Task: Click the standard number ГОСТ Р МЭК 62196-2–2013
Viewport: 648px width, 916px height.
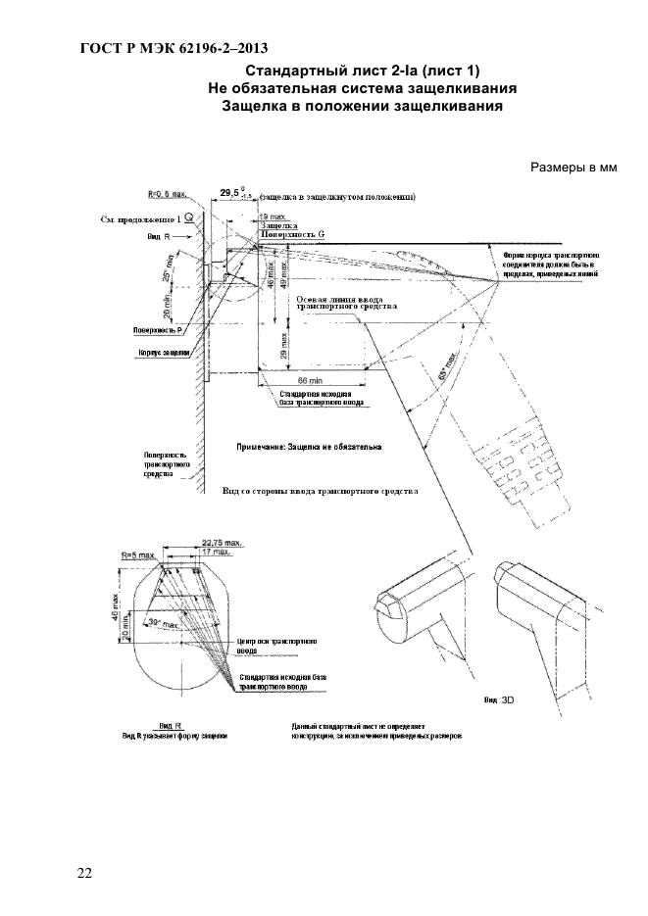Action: click(172, 48)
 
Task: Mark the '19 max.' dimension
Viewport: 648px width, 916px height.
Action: click(274, 215)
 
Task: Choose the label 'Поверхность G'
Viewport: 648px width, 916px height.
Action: click(292, 235)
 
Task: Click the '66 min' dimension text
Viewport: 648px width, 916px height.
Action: click(310, 378)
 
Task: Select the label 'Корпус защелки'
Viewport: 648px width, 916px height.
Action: click(164, 353)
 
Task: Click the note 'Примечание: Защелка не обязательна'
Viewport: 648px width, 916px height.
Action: click(309, 446)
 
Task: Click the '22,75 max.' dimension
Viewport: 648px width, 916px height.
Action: click(221, 541)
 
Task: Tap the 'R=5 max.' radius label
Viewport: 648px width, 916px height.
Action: click(139, 554)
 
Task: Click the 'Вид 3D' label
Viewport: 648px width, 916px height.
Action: click(499, 701)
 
